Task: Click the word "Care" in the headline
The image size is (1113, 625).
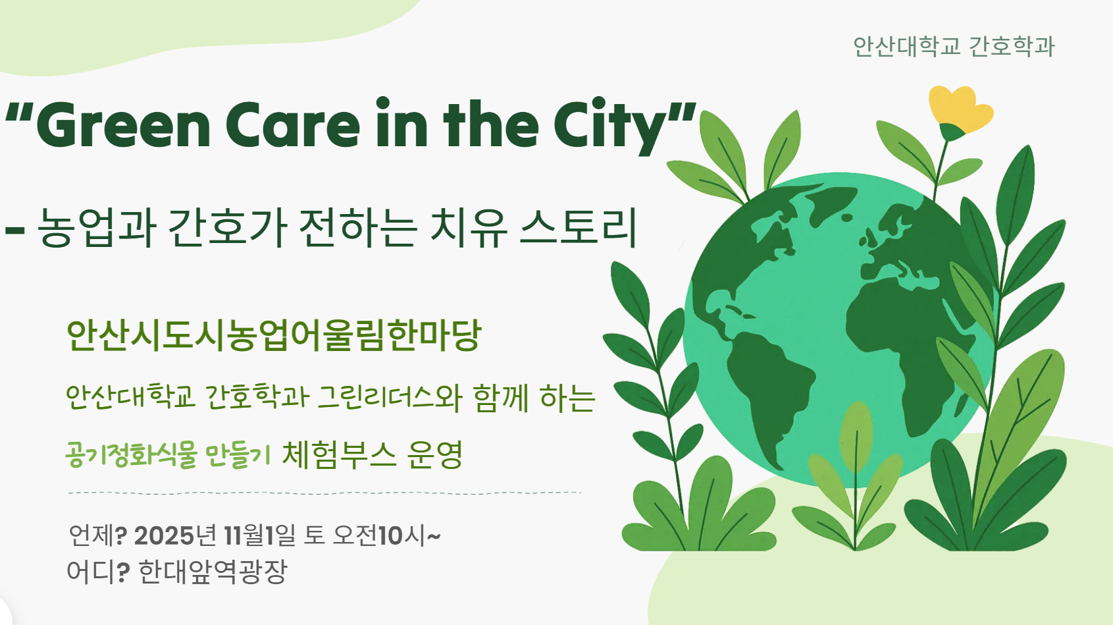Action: (x=293, y=125)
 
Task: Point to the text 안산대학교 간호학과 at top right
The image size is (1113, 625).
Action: (x=954, y=47)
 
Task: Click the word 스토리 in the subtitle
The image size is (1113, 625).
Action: (x=579, y=228)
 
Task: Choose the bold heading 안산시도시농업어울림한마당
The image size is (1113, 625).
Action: (x=274, y=335)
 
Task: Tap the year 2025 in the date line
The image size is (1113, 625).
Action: (x=163, y=536)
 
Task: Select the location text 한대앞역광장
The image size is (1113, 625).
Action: (x=213, y=572)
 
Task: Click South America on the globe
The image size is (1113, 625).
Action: (x=770, y=389)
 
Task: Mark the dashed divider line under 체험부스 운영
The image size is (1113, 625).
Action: (x=324, y=493)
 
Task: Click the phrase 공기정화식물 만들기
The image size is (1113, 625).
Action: (x=168, y=455)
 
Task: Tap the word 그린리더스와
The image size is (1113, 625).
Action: (x=390, y=397)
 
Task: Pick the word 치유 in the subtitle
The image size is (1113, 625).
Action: (x=469, y=228)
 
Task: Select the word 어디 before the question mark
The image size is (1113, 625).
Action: (x=91, y=572)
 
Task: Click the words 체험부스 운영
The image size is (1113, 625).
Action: (x=372, y=455)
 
